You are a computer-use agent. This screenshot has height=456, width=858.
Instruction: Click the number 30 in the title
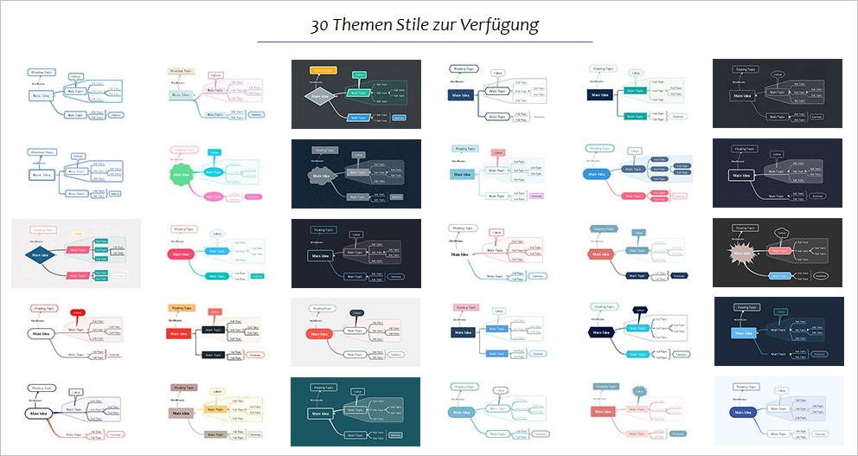[321, 24]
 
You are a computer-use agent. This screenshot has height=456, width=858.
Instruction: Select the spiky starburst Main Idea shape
[742, 254]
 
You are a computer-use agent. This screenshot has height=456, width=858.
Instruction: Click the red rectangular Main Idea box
[179, 333]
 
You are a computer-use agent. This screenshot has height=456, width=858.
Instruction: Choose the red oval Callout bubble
[77, 311]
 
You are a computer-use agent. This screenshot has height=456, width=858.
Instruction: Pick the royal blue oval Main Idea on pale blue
[741, 413]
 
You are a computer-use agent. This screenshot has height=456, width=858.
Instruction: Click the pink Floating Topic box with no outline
[467, 307]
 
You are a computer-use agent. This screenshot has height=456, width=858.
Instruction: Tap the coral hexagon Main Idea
[597, 254]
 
